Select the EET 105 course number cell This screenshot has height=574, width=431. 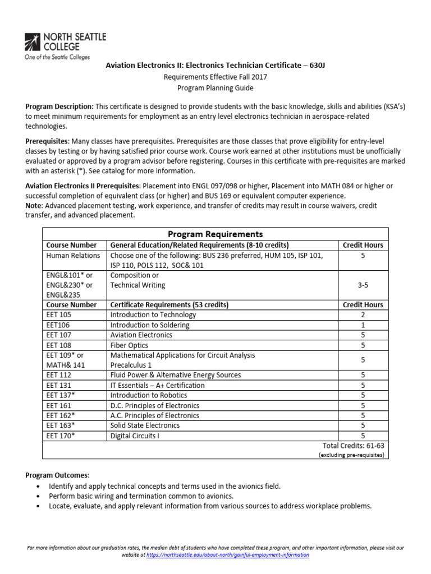59,315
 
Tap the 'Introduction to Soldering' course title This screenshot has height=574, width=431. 150,325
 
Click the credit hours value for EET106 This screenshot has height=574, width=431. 363,325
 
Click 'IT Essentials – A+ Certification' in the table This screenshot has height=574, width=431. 158,385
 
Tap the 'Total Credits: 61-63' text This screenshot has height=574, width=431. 353,445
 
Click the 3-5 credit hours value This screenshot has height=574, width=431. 363,285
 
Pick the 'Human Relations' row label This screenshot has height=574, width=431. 73,255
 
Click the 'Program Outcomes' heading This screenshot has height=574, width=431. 57,475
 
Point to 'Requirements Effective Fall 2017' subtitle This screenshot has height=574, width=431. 215,77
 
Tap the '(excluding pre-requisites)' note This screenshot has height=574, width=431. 351,455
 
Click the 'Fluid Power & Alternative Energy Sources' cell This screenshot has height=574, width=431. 176,375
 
